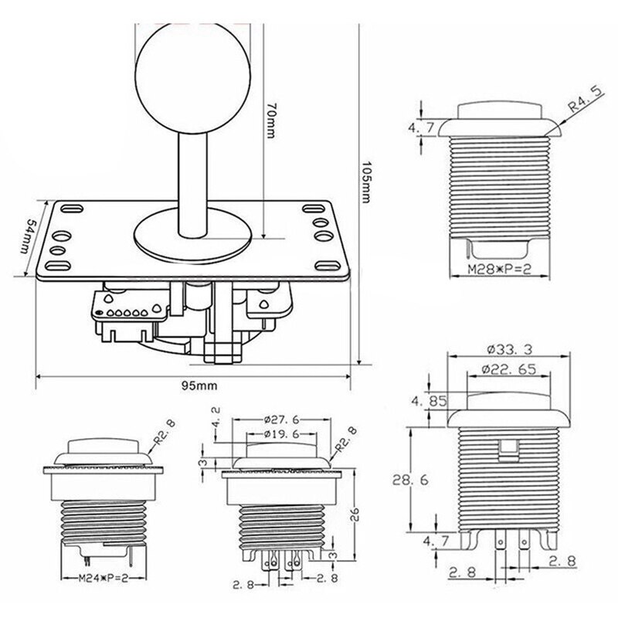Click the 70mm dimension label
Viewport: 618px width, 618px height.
pos(270,122)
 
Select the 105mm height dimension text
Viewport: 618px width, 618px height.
pos(369,184)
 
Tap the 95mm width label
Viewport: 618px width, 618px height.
pos(192,384)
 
